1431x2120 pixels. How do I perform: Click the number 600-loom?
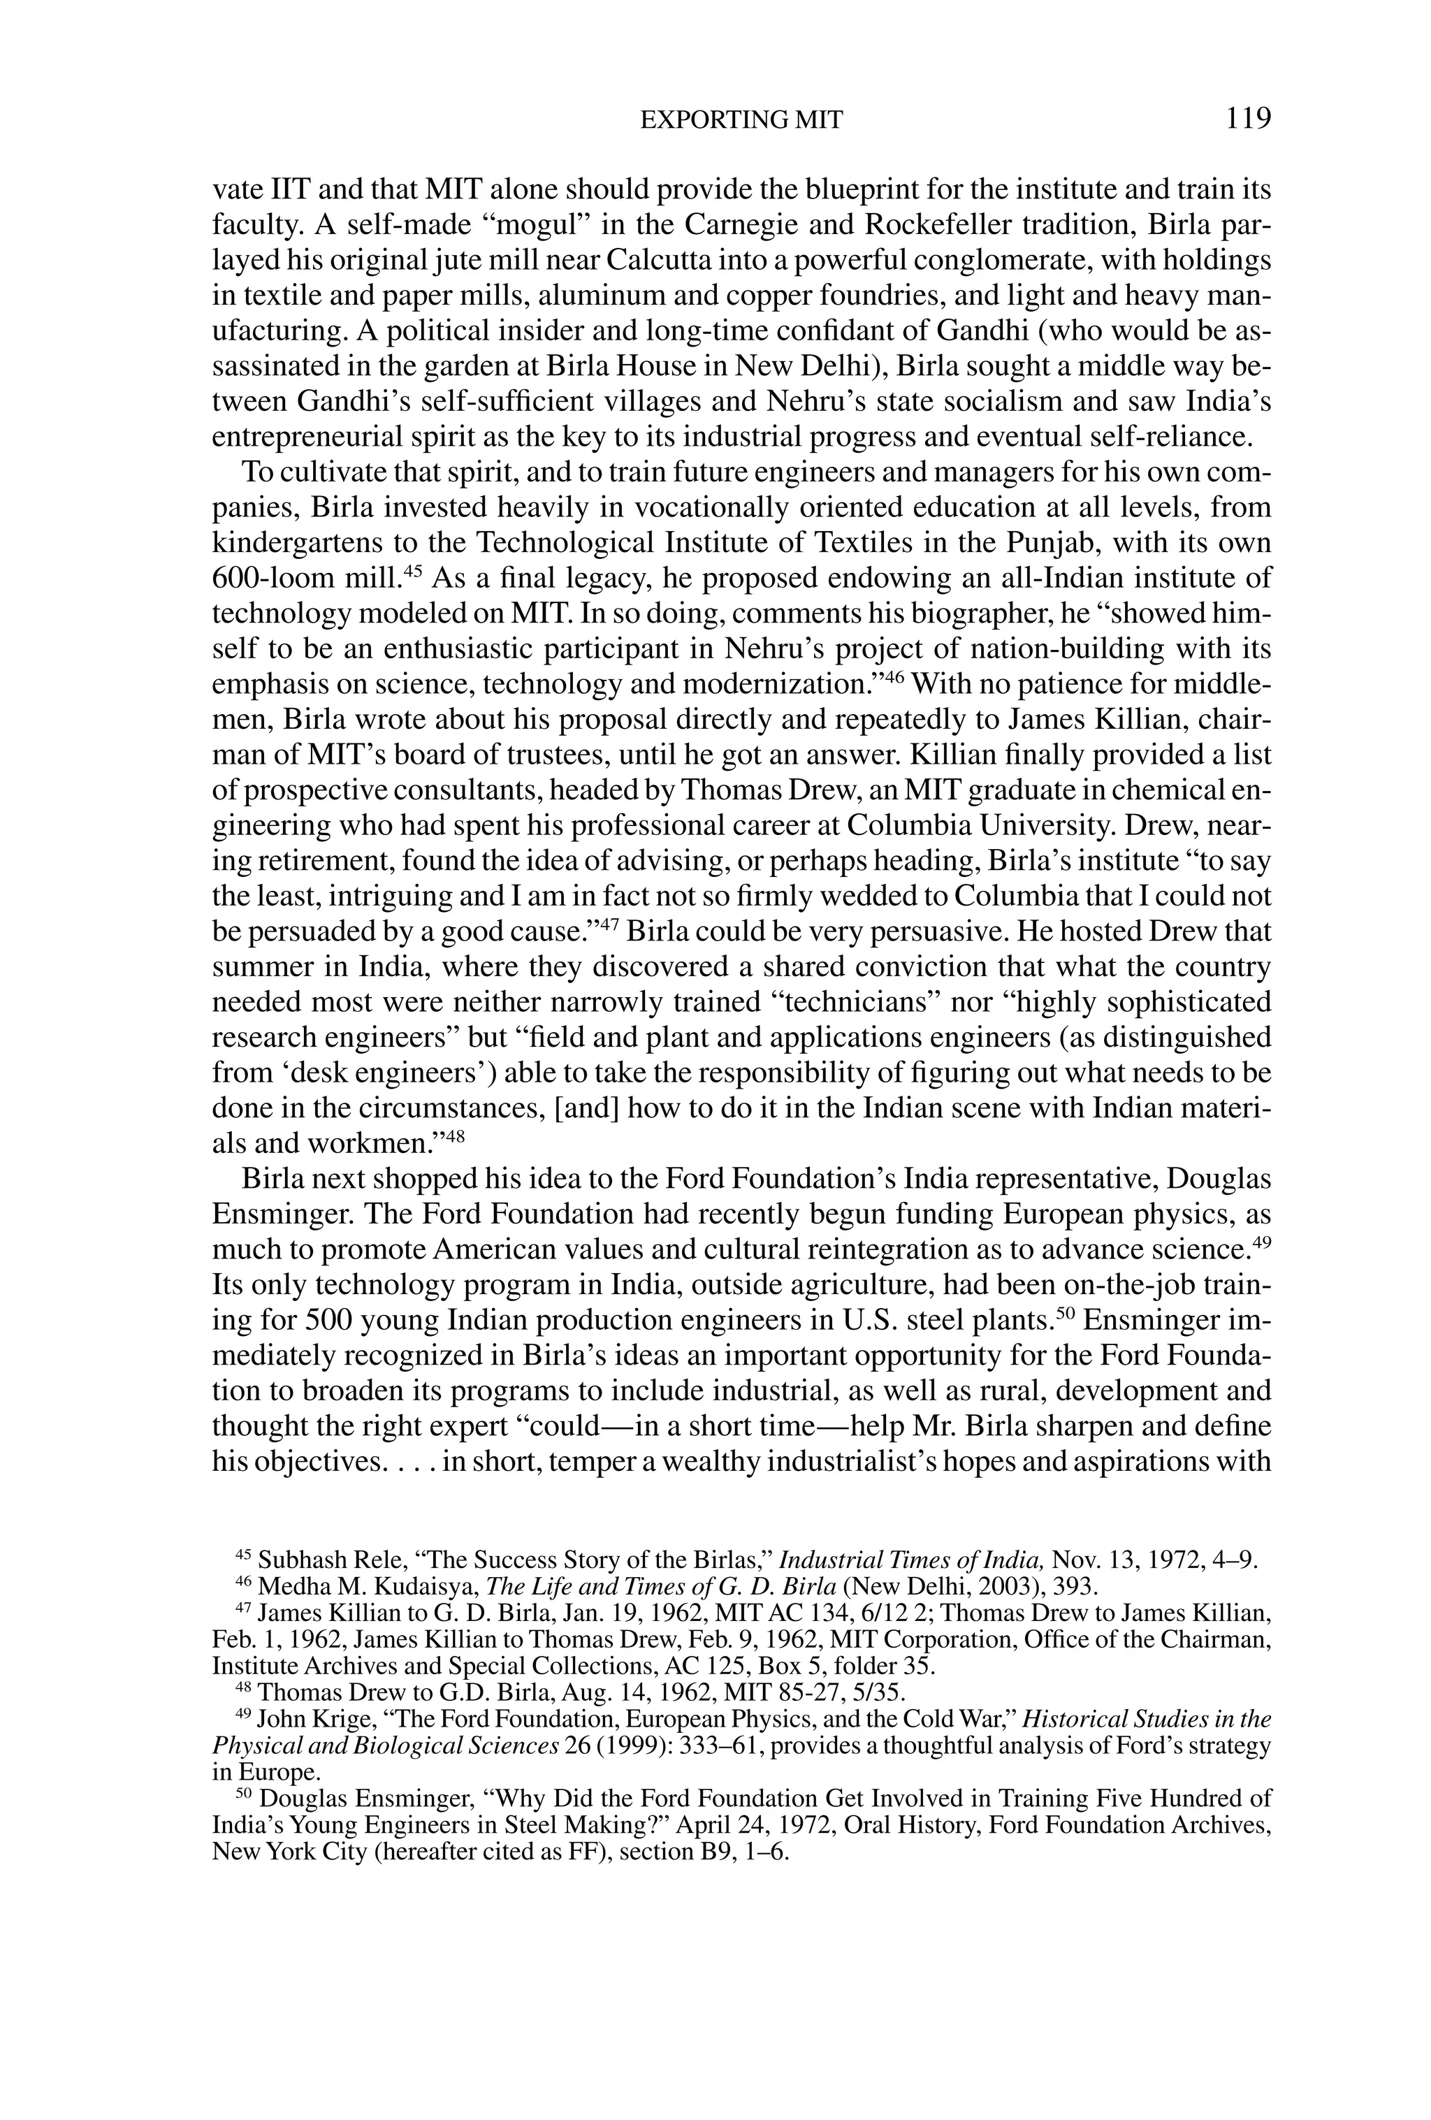(273, 579)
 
